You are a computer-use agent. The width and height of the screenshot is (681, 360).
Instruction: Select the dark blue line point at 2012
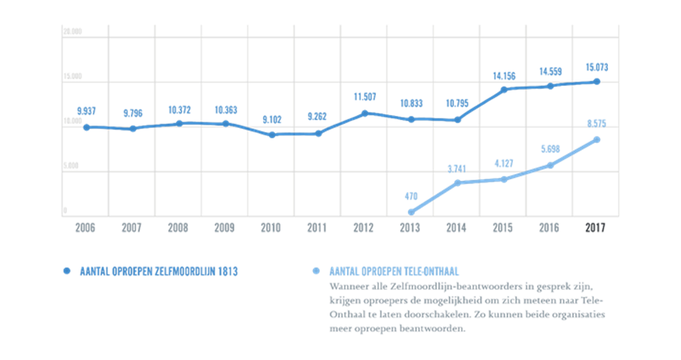[x=364, y=113]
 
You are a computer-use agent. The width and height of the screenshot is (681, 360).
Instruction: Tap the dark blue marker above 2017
[x=597, y=81]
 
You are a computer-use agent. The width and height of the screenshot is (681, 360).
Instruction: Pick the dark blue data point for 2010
[x=272, y=134]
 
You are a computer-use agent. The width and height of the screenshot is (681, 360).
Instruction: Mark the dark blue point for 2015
[x=504, y=90]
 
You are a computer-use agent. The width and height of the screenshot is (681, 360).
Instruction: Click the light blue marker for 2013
[x=411, y=212]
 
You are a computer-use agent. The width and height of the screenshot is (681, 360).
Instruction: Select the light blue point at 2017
[x=597, y=139]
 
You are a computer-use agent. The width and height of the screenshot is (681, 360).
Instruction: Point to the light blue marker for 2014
[x=457, y=183]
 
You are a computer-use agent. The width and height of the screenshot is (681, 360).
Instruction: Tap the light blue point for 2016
[x=550, y=164]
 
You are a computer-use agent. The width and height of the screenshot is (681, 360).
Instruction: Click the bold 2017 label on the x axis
[x=596, y=228]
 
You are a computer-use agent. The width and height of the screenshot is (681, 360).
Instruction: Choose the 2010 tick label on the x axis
[x=272, y=228]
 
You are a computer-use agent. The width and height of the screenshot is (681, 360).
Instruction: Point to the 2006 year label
[x=85, y=228]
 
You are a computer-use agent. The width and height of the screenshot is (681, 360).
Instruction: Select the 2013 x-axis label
[x=411, y=228]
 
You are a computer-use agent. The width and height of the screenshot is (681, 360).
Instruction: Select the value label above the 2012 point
[x=364, y=97]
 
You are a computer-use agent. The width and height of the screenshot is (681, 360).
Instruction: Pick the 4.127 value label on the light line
[x=504, y=162]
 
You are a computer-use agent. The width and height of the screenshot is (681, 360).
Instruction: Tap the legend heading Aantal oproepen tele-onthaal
[x=393, y=271]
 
